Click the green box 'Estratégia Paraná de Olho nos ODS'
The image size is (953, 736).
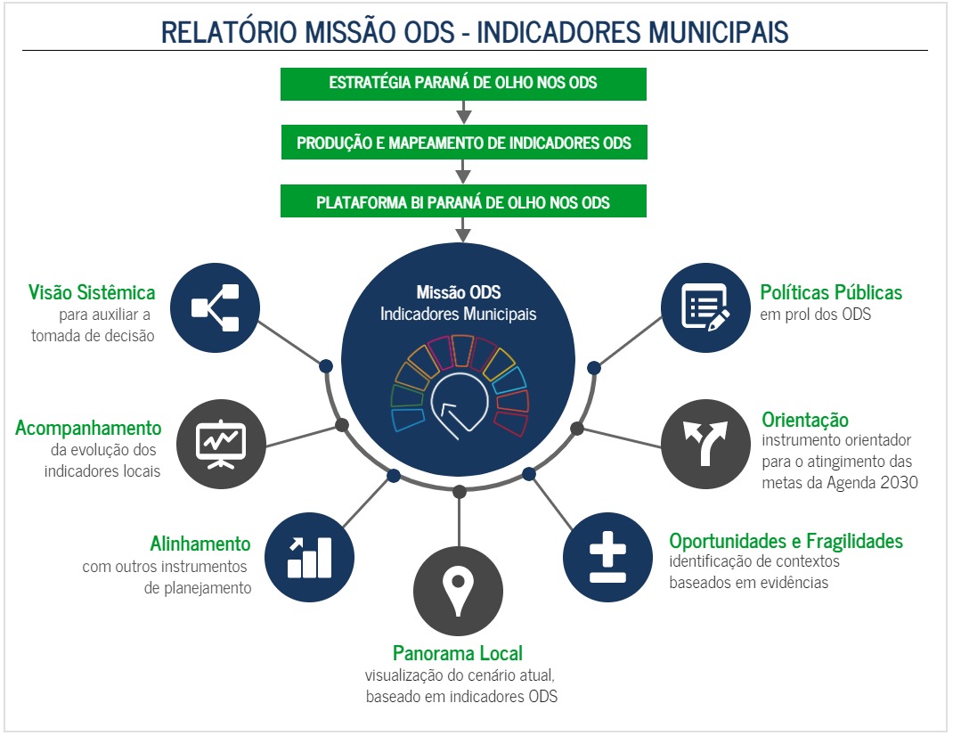tap(463, 83)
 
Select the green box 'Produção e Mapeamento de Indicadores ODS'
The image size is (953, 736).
tap(463, 143)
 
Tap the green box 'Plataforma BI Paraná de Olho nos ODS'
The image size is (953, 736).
tap(463, 202)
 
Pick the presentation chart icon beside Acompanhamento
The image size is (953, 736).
tap(220, 442)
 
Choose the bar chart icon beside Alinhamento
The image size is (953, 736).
tap(309, 557)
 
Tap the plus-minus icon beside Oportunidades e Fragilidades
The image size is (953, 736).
tap(607, 557)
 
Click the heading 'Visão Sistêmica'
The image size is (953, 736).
tap(92, 292)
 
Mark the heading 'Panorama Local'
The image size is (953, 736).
tap(458, 653)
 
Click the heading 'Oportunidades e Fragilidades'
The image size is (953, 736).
tap(786, 541)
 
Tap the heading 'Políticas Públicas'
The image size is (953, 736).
tap(831, 292)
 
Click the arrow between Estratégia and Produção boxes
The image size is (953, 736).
tap(463, 113)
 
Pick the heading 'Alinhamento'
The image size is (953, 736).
tap(200, 544)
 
